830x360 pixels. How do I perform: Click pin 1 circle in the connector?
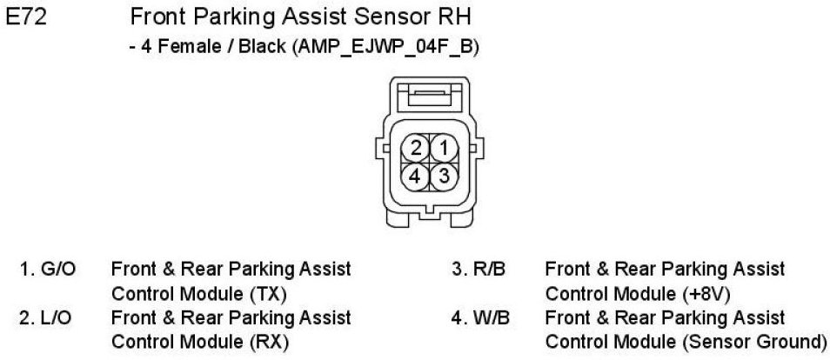(x=443, y=148)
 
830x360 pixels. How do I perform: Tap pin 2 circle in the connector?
(x=417, y=148)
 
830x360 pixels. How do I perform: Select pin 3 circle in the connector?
(x=443, y=176)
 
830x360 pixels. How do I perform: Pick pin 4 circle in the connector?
(x=417, y=176)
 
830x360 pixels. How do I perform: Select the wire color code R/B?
(x=490, y=270)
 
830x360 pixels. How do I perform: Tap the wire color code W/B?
(x=491, y=318)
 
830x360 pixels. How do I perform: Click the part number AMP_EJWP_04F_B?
(x=386, y=46)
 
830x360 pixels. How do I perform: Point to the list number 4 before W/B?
(x=455, y=318)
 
